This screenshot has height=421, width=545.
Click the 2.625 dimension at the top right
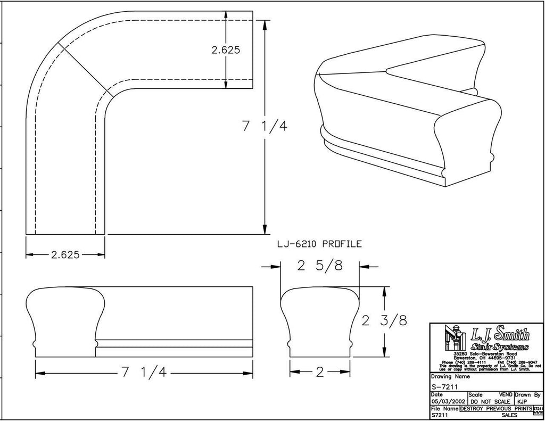click(226, 50)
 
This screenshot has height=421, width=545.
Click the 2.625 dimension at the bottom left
click(65, 254)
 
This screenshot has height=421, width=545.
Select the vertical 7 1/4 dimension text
click(265, 127)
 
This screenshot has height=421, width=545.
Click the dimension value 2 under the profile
click(319, 373)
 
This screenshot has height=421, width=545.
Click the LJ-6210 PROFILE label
click(319, 244)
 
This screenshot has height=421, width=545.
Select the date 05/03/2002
click(448, 401)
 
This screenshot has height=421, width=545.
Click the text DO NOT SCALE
click(490, 401)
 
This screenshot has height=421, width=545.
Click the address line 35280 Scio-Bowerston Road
click(485, 353)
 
